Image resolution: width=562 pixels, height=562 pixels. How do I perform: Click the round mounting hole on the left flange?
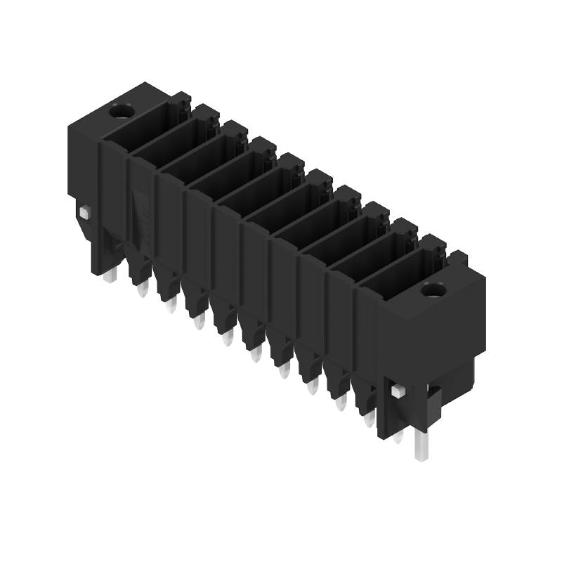click(x=122, y=110)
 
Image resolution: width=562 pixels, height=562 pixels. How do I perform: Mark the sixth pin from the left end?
click(x=256, y=354)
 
